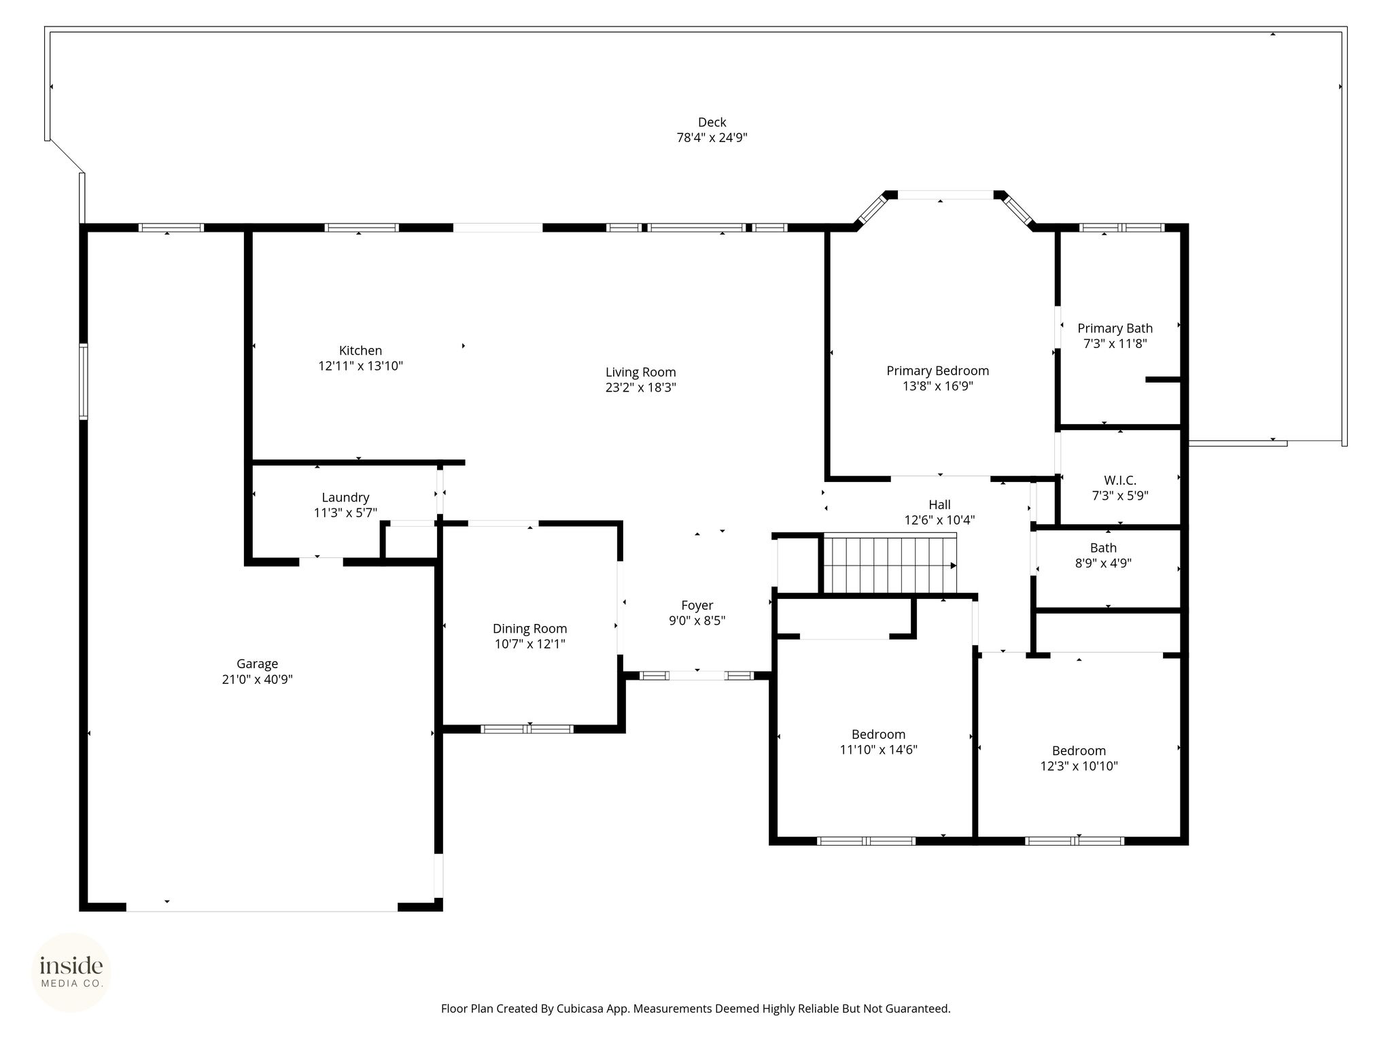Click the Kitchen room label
(x=360, y=351)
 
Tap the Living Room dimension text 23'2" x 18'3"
(x=641, y=388)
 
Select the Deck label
(x=712, y=122)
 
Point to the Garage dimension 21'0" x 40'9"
(x=257, y=679)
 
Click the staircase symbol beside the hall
(x=890, y=564)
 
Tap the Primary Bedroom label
(x=937, y=371)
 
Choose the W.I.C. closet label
(x=1120, y=481)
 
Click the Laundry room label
(x=345, y=498)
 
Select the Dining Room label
(x=529, y=629)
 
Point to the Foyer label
(x=697, y=606)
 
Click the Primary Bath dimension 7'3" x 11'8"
(x=1115, y=344)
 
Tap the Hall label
(x=939, y=505)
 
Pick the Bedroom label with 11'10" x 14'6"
(x=878, y=735)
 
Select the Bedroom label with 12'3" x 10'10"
(x=1079, y=751)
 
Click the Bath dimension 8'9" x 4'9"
(x=1103, y=563)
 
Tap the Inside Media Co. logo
(x=71, y=972)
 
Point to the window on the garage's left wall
(x=84, y=381)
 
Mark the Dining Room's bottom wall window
(x=527, y=729)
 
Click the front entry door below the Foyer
(x=697, y=676)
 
